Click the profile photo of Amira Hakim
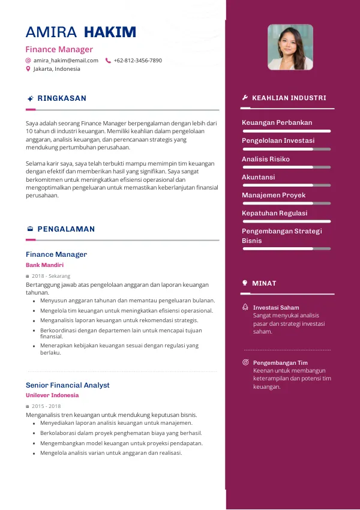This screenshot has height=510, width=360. coord(290,47)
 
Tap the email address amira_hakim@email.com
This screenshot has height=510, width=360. coord(66,61)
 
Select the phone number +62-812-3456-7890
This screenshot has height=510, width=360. coord(137,61)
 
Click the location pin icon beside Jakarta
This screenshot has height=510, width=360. coord(28,69)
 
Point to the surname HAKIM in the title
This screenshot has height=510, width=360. coord(110,32)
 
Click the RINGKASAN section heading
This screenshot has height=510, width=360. coord(62,98)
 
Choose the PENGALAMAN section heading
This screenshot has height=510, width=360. coord(66,229)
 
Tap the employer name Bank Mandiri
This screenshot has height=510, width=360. coord(44,265)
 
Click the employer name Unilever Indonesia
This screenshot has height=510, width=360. coord(52,395)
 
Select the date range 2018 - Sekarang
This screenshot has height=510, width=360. coord(51,276)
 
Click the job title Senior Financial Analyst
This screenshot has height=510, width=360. coord(68,385)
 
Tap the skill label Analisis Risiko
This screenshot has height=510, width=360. coord(266,159)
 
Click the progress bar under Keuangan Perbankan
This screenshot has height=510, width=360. coord(286,131)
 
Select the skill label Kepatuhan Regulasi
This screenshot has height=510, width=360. coord(274,213)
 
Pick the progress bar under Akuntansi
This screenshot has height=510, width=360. coord(286,185)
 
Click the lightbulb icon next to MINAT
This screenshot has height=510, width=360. coord(245,283)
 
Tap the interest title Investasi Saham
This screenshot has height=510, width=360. coord(276,308)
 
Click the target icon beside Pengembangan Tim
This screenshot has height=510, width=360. coord(245,362)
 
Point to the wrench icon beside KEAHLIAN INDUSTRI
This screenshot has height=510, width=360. coord(245,98)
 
